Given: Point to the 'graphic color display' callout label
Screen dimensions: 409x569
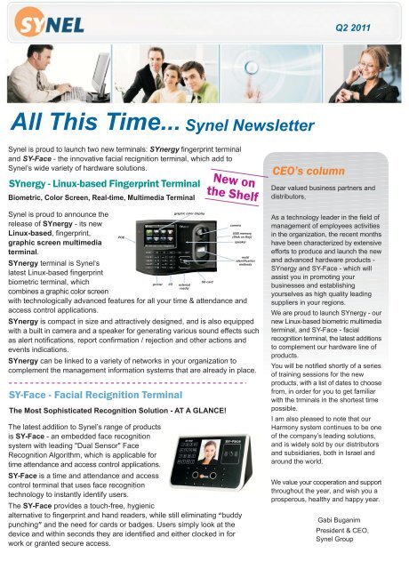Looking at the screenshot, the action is [x=188, y=213].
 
